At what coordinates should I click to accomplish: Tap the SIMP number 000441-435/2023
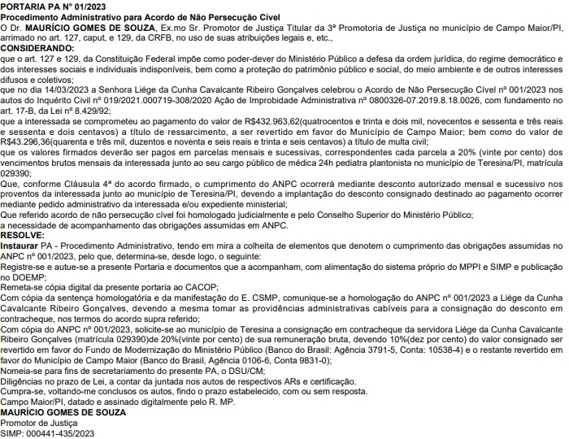pos(60,434)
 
